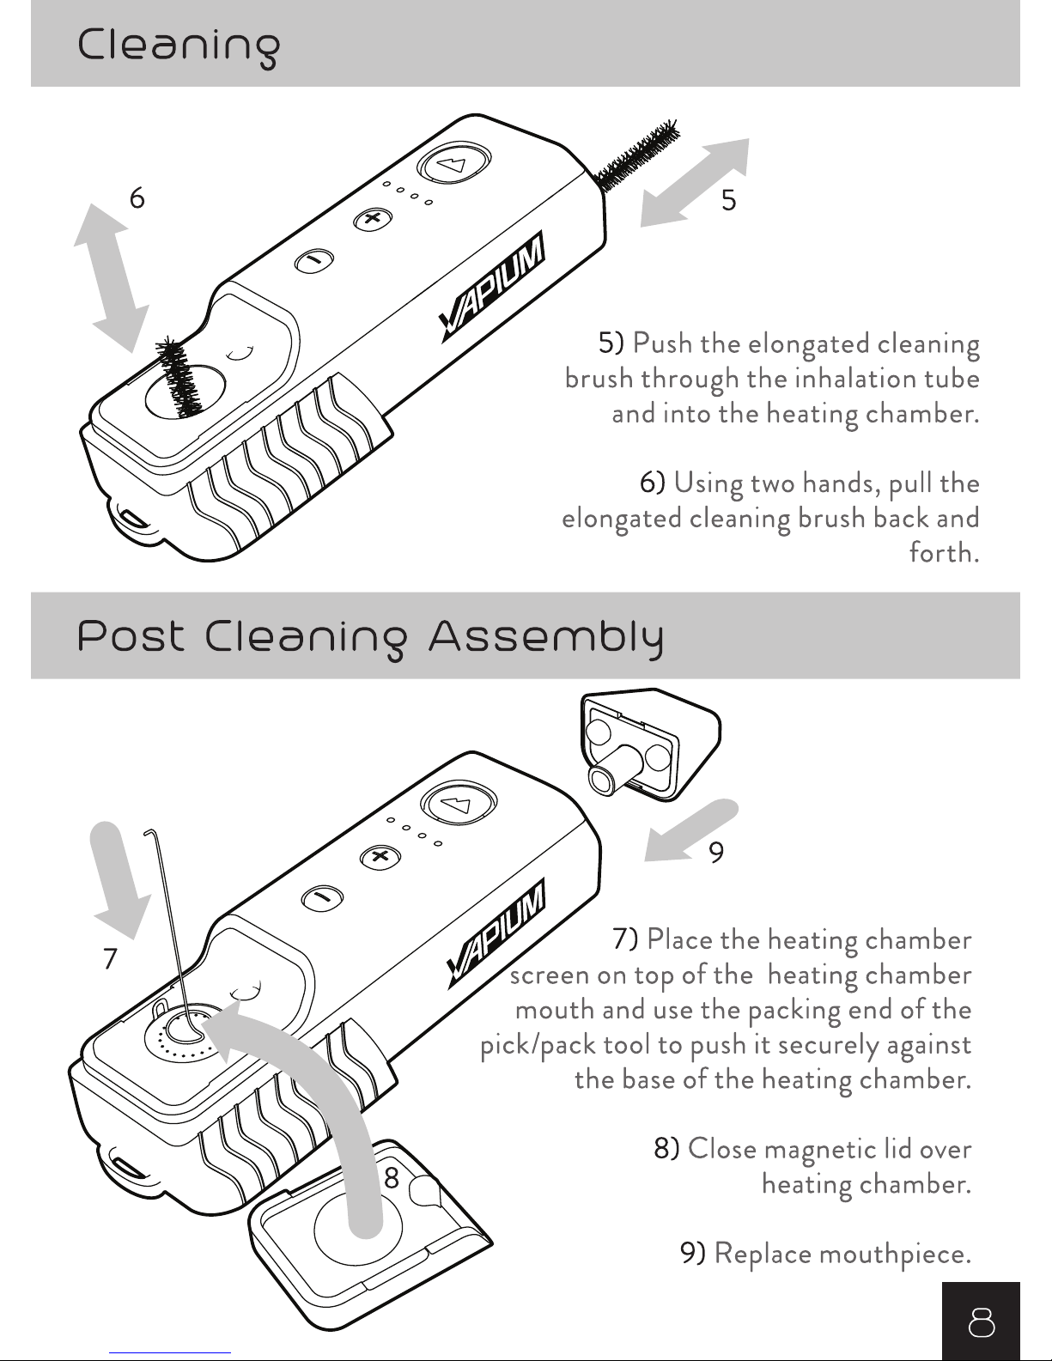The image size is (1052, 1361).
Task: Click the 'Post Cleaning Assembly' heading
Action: coord(370,638)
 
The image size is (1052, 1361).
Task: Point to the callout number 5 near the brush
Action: coord(728,201)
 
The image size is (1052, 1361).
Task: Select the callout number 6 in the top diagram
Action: coord(137,198)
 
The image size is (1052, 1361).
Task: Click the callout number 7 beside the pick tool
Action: coord(109,958)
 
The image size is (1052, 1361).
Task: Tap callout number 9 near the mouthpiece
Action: coord(716,852)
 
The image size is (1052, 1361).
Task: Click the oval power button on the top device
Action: coord(453,163)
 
